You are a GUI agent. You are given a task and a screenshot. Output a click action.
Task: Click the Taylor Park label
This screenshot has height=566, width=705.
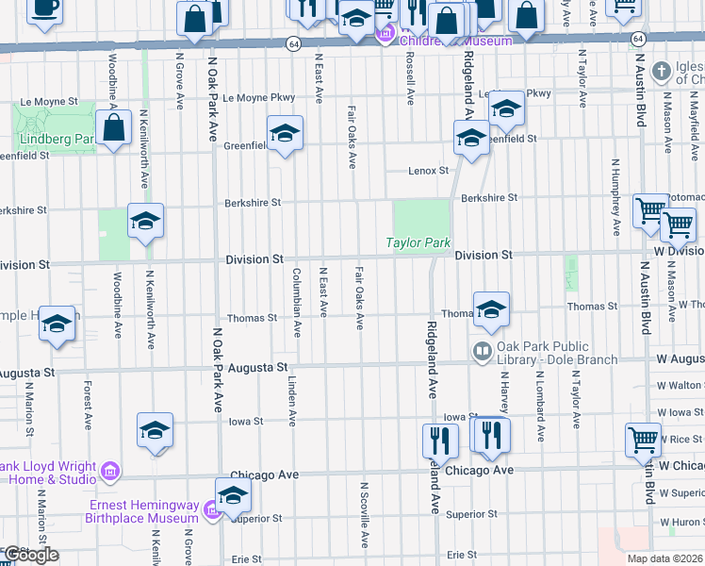click(418, 242)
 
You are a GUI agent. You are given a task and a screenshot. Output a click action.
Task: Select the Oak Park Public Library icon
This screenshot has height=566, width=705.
click(483, 352)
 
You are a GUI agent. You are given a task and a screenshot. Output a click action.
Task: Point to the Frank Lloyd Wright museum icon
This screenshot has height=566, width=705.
click(110, 470)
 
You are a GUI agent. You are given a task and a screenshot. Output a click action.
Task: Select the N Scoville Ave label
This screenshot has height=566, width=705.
click(364, 514)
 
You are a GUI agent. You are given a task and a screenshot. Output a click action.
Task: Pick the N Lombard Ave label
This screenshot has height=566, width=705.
click(541, 414)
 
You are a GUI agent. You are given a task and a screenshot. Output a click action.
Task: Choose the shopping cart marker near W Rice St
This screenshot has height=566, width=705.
click(643, 439)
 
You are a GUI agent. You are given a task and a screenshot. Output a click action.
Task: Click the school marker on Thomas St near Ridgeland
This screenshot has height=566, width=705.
click(490, 308)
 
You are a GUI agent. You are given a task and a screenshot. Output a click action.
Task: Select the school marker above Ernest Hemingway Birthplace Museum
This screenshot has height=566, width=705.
click(233, 493)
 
